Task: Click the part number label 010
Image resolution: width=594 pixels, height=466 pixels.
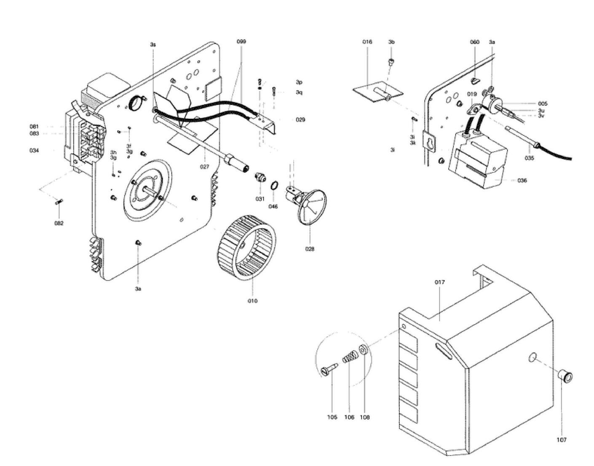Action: pyautogui.click(x=252, y=301)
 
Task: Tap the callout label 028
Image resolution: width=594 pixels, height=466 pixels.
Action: pyautogui.click(x=310, y=249)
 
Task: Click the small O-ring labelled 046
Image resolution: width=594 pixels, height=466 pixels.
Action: pyautogui.click(x=274, y=185)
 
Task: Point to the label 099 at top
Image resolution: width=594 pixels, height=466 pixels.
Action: pyautogui.click(x=241, y=42)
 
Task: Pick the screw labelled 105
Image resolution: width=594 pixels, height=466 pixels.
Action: pyautogui.click(x=329, y=370)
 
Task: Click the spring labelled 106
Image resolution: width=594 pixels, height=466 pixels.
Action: pyautogui.click(x=349, y=359)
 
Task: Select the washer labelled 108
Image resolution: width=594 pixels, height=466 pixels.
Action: pyautogui.click(x=364, y=350)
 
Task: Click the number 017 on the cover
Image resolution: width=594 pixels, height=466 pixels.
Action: pyautogui.click(x=439, y=282)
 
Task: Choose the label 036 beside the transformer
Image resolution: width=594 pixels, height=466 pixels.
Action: pyautogui.click(x=522, y=180)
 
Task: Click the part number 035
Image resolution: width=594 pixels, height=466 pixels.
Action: pyautogui.click(x=529, y=158)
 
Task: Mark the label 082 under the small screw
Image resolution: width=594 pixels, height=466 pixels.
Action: pyautogui.click(x=59, y=223)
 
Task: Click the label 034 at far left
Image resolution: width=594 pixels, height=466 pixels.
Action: pyautogui.click(x=34, y=150)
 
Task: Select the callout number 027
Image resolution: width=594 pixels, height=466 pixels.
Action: pyautogui.click(x=204, y=167)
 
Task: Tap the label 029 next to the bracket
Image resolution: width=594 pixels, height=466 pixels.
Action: pyautogui.click(x=300, y=120)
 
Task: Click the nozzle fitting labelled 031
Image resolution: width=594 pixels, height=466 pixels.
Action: pyautogui.click(x=260, y=177)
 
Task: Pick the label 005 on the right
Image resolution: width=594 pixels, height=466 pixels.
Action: pyautogui.click(x=543, y=104)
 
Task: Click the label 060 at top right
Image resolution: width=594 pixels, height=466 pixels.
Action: pyautogui.click(x=475, y=42)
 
